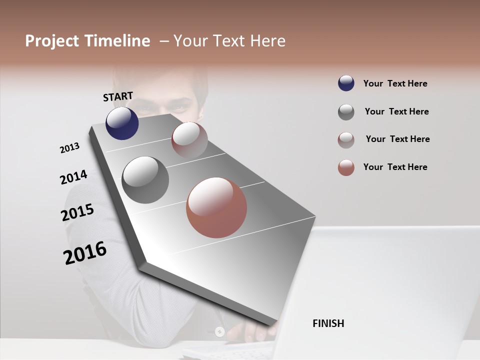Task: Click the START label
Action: pos(118,96)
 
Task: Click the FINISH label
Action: pos(328,323)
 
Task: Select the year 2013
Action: pos(70,148)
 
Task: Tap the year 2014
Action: pos(73,177)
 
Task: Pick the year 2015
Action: pos(77,212)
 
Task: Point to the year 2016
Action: pos(85,253)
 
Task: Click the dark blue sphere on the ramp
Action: pos(122,123)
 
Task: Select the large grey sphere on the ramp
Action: pos(145,180)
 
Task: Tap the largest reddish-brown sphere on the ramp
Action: pos(216,207)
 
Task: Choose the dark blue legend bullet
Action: pos(346,83)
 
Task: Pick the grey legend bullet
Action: pos(346,112)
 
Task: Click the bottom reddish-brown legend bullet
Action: pos(346,167)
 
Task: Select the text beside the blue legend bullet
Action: pos(395,83)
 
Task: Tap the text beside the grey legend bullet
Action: pos(396,111)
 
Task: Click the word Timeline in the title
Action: pos(117,41)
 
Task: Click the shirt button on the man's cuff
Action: pos(219,331)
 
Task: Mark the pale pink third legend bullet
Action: pos(346,140)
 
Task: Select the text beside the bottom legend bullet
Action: pos(395,167)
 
